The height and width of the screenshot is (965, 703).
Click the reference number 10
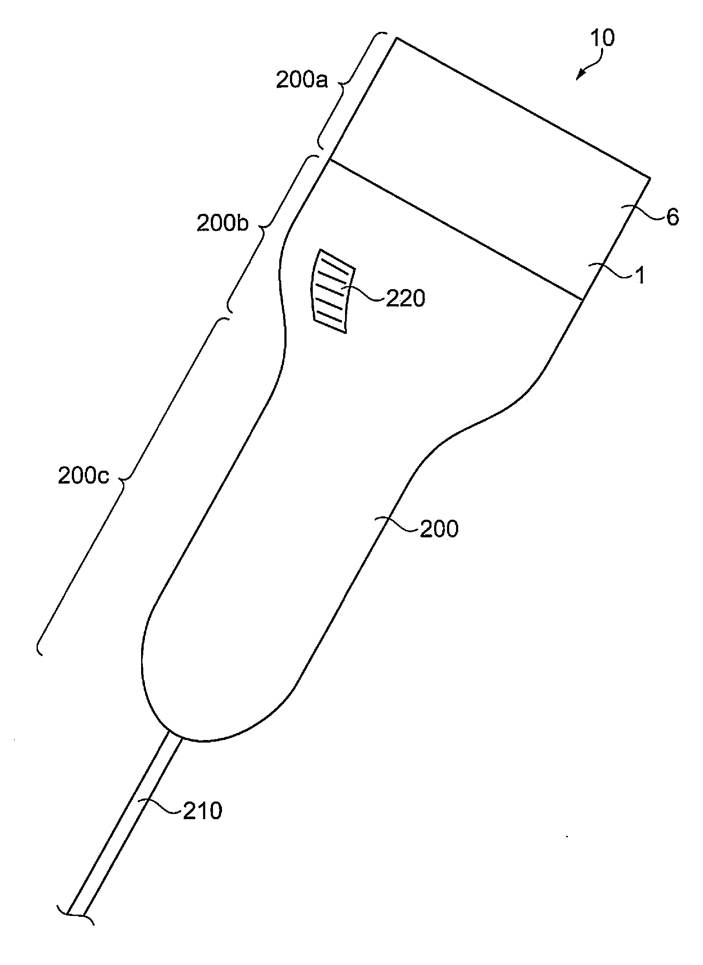click(x=602, y=39)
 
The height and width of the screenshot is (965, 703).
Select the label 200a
click(x=302, y=80)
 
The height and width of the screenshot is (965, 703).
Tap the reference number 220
click(x=405, y=298)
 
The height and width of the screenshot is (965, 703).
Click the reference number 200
click(x=439, y=528)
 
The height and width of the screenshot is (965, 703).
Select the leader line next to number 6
click(x=643, y=213)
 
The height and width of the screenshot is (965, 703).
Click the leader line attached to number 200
click(x=398, y=525)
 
